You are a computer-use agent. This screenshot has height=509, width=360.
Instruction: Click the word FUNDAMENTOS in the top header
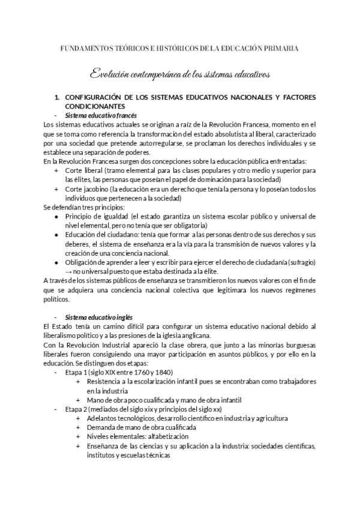click(86, 48)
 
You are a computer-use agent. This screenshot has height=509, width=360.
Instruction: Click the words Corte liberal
click(85, 171)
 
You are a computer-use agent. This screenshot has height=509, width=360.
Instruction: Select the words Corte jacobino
click(87, 190)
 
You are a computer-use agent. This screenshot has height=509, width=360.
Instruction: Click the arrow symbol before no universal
click(68, 271)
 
